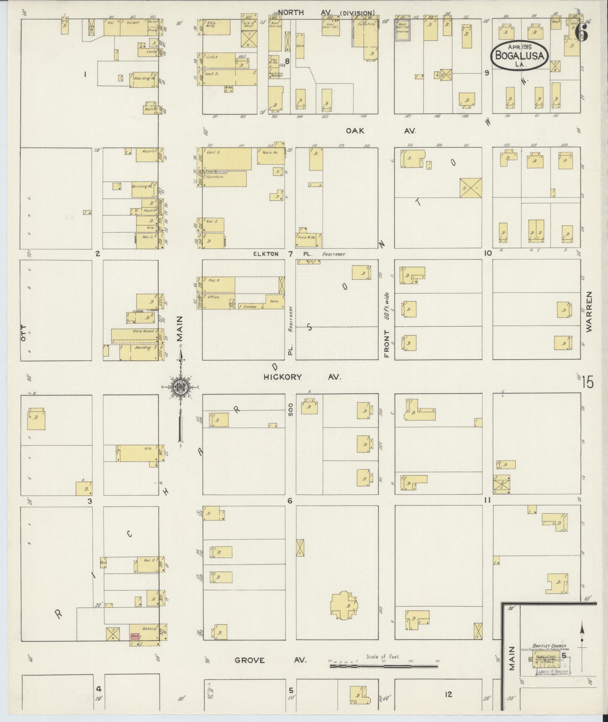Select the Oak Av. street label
(x=381, y=131)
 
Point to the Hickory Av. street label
(x=302, y=377)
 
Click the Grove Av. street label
(x=270, y=660)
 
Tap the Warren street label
(x=589, y=311)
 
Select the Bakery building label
(x=149, y=628)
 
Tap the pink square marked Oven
(x=135, y=636)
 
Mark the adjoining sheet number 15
(x=587, y=383)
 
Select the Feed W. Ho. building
(x=309, y=238)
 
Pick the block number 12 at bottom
(x=448, y=694)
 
